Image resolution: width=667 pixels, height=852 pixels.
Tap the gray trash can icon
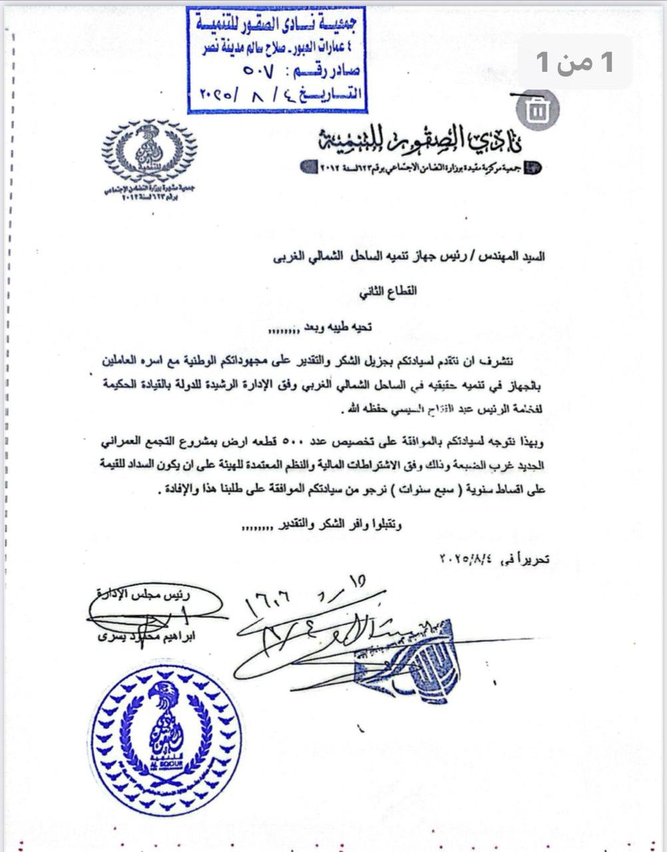[x=536, y=111]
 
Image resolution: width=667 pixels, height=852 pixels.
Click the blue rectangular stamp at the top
[x=276, y=60]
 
